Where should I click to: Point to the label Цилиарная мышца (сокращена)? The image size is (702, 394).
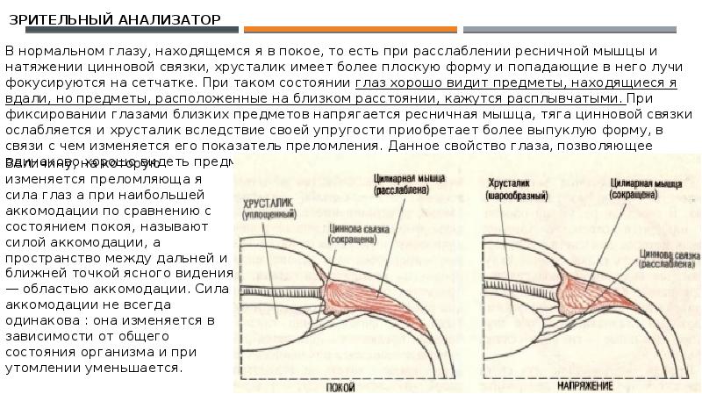(x=635, y=190)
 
